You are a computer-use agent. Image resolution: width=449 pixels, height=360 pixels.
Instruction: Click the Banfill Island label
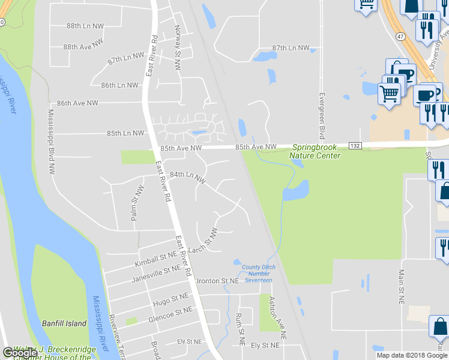[64, 323]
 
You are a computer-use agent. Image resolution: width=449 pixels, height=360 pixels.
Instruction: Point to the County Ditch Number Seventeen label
[257, 274]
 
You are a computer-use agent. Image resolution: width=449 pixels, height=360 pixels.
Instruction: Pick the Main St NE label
[401, 286]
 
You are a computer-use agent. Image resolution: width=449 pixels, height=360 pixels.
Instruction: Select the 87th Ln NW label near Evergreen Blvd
[291, 47]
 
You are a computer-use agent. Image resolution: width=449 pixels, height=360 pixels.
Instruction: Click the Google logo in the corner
[20, 353]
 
